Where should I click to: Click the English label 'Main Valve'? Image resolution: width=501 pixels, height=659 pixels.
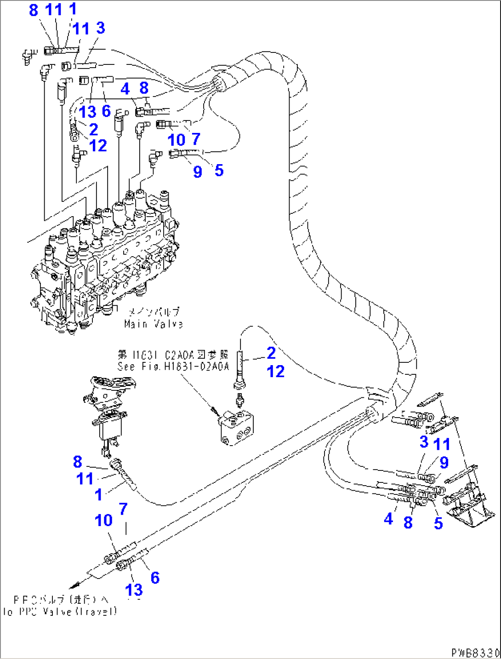tap(153, 324)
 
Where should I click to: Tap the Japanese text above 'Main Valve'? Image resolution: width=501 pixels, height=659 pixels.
tap(154, 313)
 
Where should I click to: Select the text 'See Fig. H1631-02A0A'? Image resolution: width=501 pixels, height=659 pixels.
tap(173, 367)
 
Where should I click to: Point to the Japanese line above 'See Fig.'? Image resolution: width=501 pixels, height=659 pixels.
tap(173, 355)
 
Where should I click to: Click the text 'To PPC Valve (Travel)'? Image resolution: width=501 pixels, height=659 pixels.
tap(60, 612)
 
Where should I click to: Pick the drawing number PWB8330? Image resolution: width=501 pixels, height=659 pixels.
tap(475, 653)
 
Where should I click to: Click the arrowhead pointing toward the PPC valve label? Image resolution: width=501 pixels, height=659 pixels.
tap(73, 586)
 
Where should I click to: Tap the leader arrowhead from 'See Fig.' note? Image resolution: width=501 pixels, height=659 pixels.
tap(214, 409)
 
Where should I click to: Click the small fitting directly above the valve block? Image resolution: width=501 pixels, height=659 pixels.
tap(239, 401)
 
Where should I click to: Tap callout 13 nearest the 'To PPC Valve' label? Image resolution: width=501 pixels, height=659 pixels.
tap(134, 590)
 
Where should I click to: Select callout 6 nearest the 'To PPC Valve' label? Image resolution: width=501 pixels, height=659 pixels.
tap(155, 578)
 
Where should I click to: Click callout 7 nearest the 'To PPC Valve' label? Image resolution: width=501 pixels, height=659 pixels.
tap(123, 509)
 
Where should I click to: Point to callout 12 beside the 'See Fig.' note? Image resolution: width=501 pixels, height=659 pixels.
tap(276, 371)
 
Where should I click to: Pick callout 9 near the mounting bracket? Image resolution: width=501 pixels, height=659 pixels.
tap(444, 462)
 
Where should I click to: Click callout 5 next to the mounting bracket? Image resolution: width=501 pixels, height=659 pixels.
tap(438, 523)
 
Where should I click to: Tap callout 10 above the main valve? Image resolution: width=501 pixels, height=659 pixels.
tap(176, 140)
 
